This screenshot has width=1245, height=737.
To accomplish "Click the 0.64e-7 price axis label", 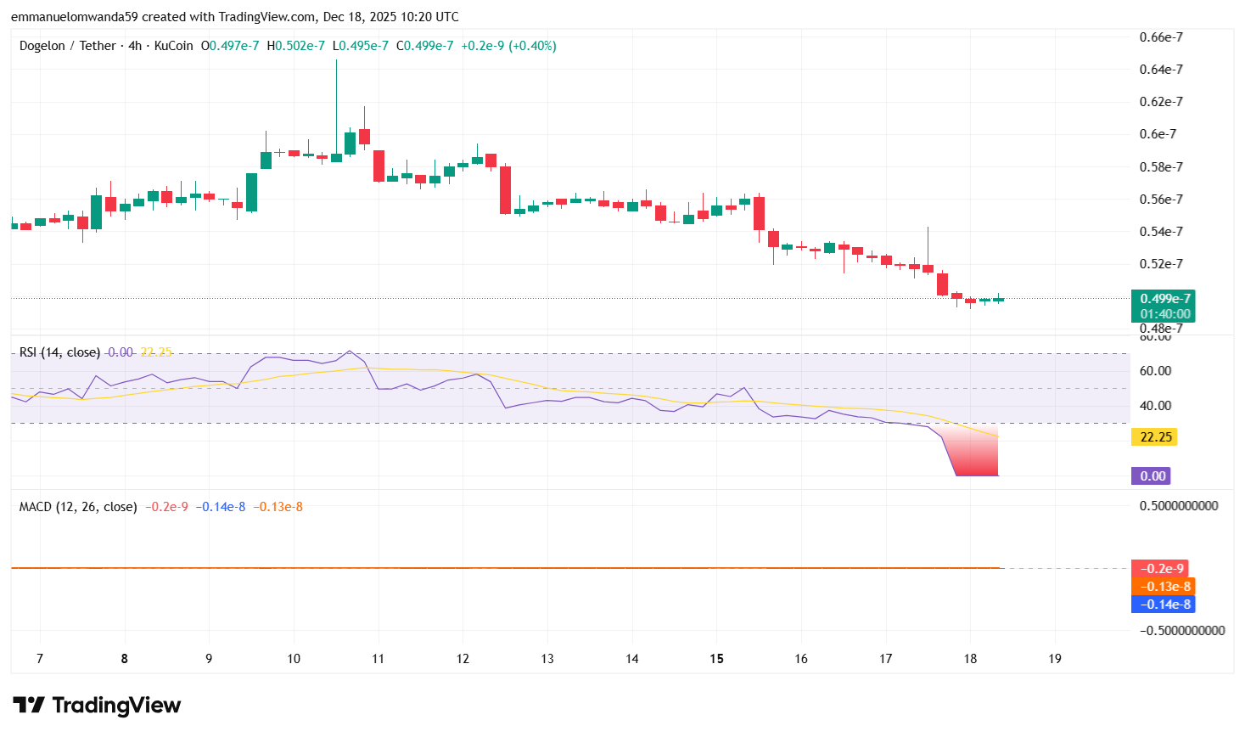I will point(1160,70).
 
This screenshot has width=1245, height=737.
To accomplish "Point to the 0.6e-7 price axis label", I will point(1158,134).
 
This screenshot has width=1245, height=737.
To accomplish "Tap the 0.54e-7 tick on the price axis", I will point(1160,232).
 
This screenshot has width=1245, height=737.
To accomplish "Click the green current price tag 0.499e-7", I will point(1164,299).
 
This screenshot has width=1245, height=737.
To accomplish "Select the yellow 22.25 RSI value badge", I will point(1155,437).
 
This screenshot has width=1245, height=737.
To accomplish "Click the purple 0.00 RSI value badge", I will point(1152,476).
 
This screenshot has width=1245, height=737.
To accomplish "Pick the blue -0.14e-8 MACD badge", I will point(1163,605).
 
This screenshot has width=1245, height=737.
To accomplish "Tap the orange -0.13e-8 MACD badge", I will point(1163,587).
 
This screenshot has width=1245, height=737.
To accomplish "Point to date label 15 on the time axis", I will point(716,659).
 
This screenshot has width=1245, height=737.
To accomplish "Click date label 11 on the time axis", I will point(378,659).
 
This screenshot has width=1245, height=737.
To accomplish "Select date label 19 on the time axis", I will point(1055,659).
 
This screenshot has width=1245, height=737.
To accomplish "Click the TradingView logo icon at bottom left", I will point(29,706).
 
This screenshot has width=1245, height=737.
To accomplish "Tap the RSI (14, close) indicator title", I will point(59,352).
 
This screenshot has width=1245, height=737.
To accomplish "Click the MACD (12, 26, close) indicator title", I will point(78,507).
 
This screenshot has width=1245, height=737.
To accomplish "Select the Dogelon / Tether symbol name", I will point(67,46).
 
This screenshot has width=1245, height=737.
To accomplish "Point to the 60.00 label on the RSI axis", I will point(1155,371).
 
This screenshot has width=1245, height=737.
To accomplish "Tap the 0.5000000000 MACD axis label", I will point(1178,506).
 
